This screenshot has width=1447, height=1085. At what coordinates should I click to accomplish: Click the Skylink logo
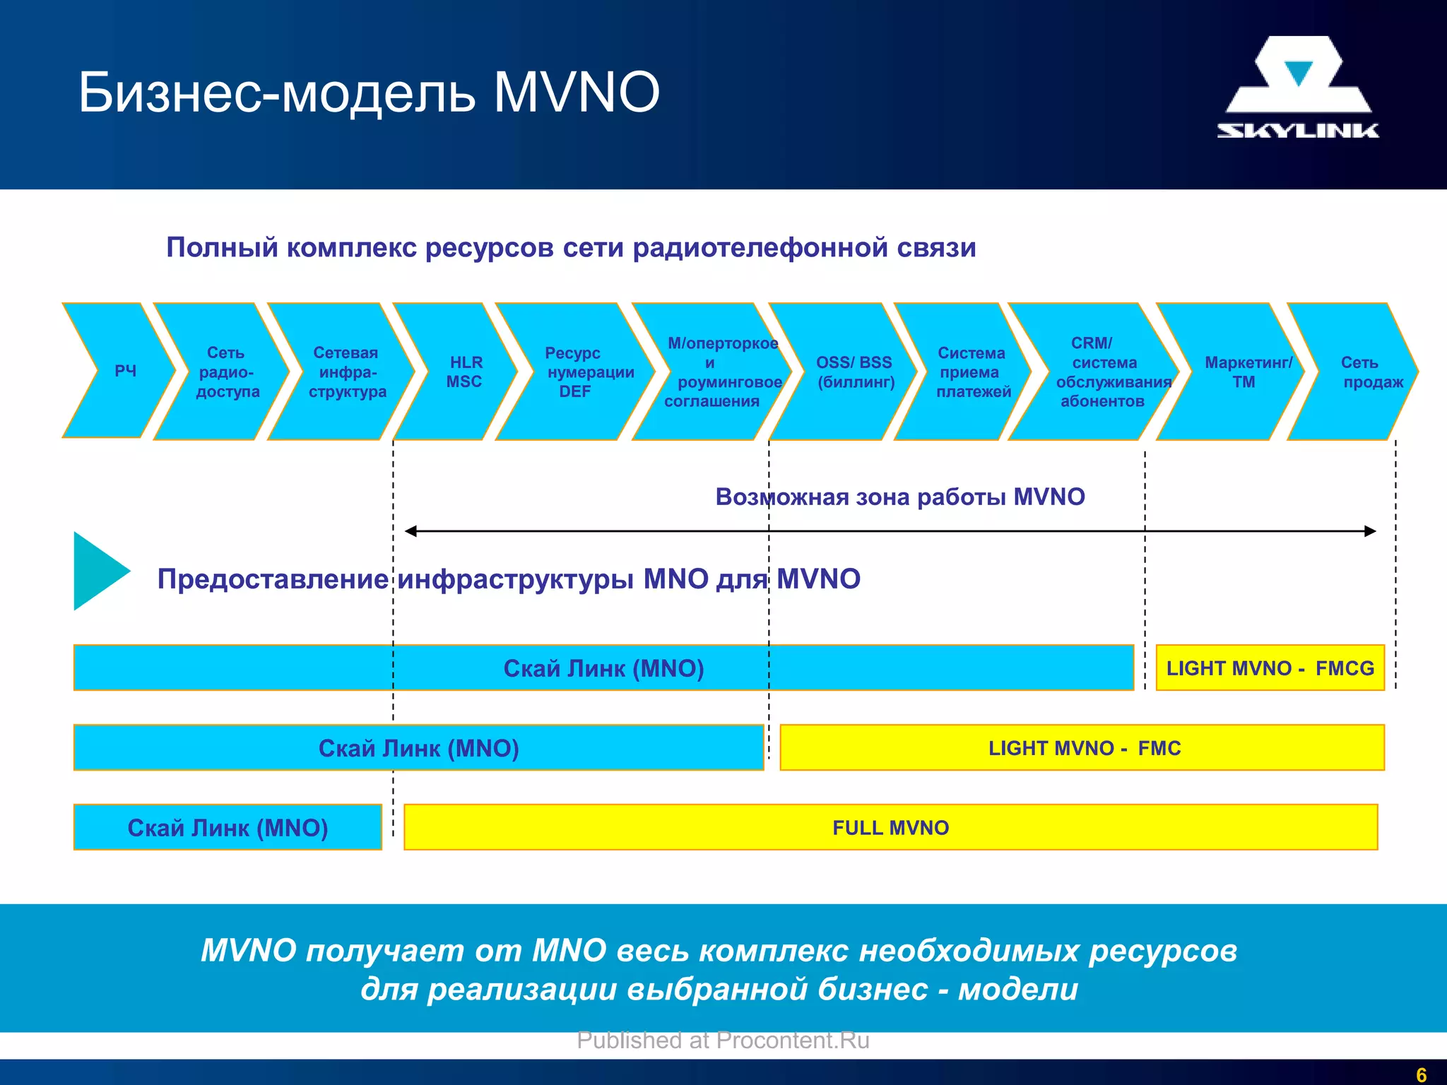click(x=1298, y=88)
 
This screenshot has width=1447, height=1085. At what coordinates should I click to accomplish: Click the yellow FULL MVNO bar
click(x=890, y=827)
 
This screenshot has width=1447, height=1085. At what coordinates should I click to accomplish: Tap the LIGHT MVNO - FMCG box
click(x=1270, y=668)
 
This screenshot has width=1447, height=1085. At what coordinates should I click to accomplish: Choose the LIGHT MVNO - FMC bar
click(x=1082, y=747)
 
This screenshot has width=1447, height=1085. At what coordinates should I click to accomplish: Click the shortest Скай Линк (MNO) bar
click(x=228, y=827)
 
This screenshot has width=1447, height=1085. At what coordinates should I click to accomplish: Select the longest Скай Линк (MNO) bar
click(x=603, y=668)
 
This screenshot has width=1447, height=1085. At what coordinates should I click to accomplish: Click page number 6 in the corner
click(x=1422, y=1074)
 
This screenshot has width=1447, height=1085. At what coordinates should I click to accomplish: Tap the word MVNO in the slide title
click(x=576, y=92)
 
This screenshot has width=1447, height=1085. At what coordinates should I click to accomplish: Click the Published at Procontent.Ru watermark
click(x=723, y=1040)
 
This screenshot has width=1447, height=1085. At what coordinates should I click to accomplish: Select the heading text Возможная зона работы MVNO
click(x=899, y=497)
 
